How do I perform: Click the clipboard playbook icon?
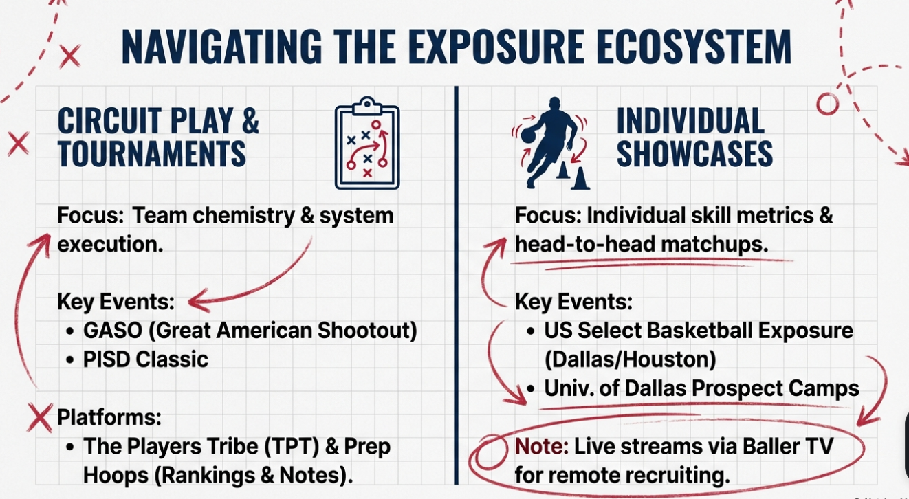367,144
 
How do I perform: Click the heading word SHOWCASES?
694,153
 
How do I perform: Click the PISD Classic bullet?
145,359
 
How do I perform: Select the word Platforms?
109,417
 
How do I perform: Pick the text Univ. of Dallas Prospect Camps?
701,388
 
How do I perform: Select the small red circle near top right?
827,104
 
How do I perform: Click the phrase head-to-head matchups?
641,245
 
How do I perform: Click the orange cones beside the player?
573,175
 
